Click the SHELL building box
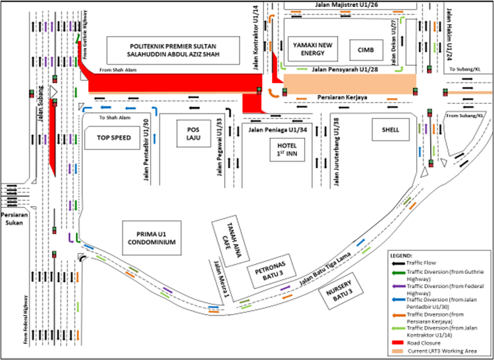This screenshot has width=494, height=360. [x=390, y=129]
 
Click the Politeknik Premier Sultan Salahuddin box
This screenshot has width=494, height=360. [x=172, y=51]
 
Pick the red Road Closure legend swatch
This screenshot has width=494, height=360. [x=396, y=342]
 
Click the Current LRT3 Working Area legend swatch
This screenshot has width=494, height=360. [x=396, y=351]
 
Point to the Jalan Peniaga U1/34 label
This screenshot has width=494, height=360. [x=273, y=131]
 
